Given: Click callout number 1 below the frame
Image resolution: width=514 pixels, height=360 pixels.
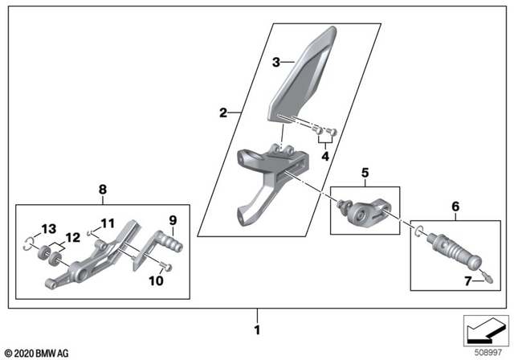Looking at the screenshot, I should [257, 329].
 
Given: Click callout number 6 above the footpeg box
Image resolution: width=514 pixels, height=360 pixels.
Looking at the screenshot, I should [455, 206].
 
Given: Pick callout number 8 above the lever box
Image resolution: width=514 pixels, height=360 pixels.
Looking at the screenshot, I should [102, 190].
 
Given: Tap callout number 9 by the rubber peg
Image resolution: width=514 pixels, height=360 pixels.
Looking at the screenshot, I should [172, 219].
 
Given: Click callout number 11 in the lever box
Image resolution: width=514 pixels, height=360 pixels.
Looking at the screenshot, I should [108, 223].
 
